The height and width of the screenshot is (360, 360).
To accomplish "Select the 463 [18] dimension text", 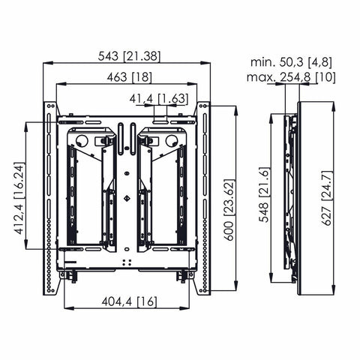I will [x=126, y=76].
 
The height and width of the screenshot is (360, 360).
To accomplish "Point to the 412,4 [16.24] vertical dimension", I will [x=19, y=185].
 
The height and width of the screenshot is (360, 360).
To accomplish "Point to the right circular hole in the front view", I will [x=171, y=139].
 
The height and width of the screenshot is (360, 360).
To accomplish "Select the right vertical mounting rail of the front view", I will [x=203, y=199].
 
